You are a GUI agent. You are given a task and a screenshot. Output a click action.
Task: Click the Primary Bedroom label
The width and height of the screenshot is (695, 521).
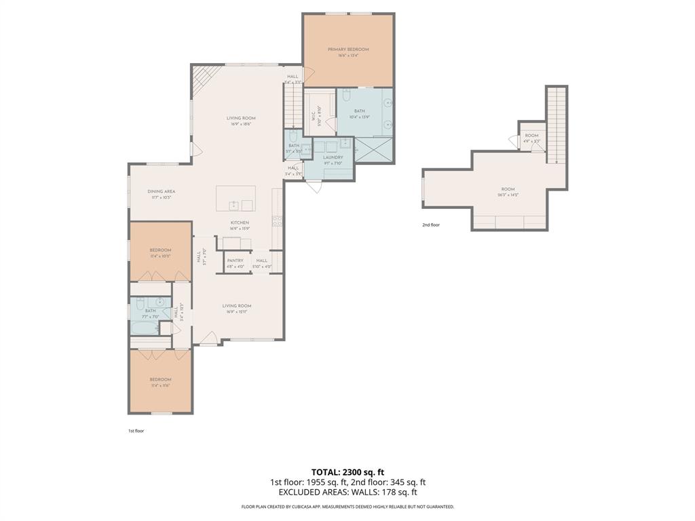pos(348,50)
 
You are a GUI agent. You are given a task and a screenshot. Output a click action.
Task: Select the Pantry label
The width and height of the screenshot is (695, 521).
pos(235,260)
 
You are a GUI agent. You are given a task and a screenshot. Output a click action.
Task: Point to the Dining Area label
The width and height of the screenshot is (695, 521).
pos(162,191)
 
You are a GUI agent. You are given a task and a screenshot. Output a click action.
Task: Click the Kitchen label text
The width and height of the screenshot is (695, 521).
pos(239,223)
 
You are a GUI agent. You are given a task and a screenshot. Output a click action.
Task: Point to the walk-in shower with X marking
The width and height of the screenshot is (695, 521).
pos(373,149)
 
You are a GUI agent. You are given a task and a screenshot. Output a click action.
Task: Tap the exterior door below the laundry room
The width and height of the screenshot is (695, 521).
pos(314,186)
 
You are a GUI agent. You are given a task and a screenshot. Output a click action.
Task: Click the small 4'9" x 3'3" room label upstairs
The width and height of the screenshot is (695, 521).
pos(531,136)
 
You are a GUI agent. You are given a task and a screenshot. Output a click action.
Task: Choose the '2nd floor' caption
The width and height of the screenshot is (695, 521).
pos(430,225)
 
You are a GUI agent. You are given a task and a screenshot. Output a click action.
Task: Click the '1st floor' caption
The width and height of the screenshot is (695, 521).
pos(136,431)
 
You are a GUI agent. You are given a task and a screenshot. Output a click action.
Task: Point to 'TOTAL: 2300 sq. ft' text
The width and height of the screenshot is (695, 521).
pos(347,471)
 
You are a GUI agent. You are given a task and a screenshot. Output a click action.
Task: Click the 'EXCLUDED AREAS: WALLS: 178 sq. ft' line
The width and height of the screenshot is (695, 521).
pos(347,493)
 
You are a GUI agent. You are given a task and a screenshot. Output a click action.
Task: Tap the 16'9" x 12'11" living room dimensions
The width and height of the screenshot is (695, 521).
pos(237,312)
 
